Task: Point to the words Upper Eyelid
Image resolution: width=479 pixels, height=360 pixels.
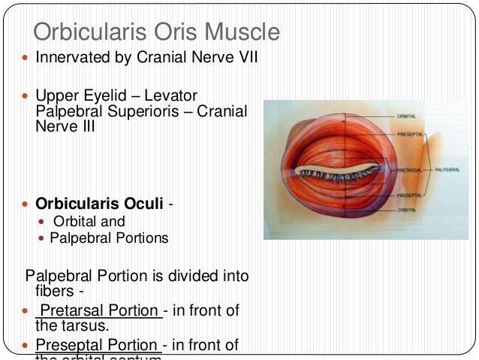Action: (71, 96)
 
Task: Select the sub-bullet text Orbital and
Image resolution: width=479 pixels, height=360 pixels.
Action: (89, 222)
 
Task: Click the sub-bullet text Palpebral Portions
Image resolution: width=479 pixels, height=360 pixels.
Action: (109, 238)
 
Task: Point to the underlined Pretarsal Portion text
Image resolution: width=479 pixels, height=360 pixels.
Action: (100, 311)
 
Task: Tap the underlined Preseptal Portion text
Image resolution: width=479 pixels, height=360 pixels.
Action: (100, 345)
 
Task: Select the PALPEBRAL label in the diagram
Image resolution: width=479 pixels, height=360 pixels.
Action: (449, 170)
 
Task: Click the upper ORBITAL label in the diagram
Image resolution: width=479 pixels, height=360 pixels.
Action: (408, 116)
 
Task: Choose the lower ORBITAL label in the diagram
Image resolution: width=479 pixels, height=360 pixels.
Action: (408, 208)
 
